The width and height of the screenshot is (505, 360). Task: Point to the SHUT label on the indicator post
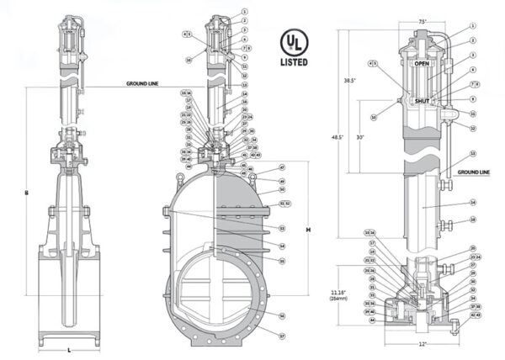point(423,100)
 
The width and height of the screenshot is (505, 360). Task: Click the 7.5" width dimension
point(423,21)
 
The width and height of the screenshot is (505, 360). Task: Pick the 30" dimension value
point(360,138)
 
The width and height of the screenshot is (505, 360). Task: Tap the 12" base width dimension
point(422,344)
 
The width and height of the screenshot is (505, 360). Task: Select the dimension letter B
point(27,193)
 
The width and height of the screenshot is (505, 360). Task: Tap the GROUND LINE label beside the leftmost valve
point(143,84)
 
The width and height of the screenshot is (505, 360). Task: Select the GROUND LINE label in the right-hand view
point(473,172)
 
